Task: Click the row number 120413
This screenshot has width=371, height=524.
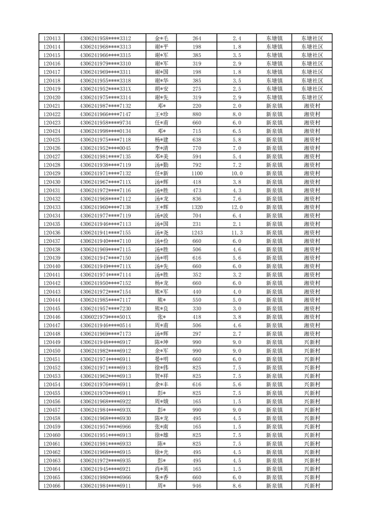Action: [x=51, y=38]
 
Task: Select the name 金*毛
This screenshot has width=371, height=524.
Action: [x=161, y=38]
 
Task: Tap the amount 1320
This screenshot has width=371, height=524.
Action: [x=197, y=207]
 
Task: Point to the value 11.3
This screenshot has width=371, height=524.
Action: [x=237, y=233]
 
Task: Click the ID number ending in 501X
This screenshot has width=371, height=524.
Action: [x=105, y=317]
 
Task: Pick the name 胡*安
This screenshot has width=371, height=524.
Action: [x=161, y=89]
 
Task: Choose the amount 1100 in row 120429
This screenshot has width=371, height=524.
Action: [x=197, y=173]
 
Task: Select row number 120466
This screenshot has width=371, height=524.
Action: [x=51, y=486]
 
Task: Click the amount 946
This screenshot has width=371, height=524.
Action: [x=197, y=486]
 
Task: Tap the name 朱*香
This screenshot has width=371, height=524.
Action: [x=161, y=477]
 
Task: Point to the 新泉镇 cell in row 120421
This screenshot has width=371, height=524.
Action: [x=274, y=106]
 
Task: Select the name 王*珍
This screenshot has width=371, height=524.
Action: [x=161, y=114]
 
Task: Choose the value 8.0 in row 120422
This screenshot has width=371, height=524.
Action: [x=237, y=114]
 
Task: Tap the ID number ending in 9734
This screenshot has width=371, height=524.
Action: [x=105, y=123]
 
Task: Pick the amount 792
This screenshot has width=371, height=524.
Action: [x=197, y=165]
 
